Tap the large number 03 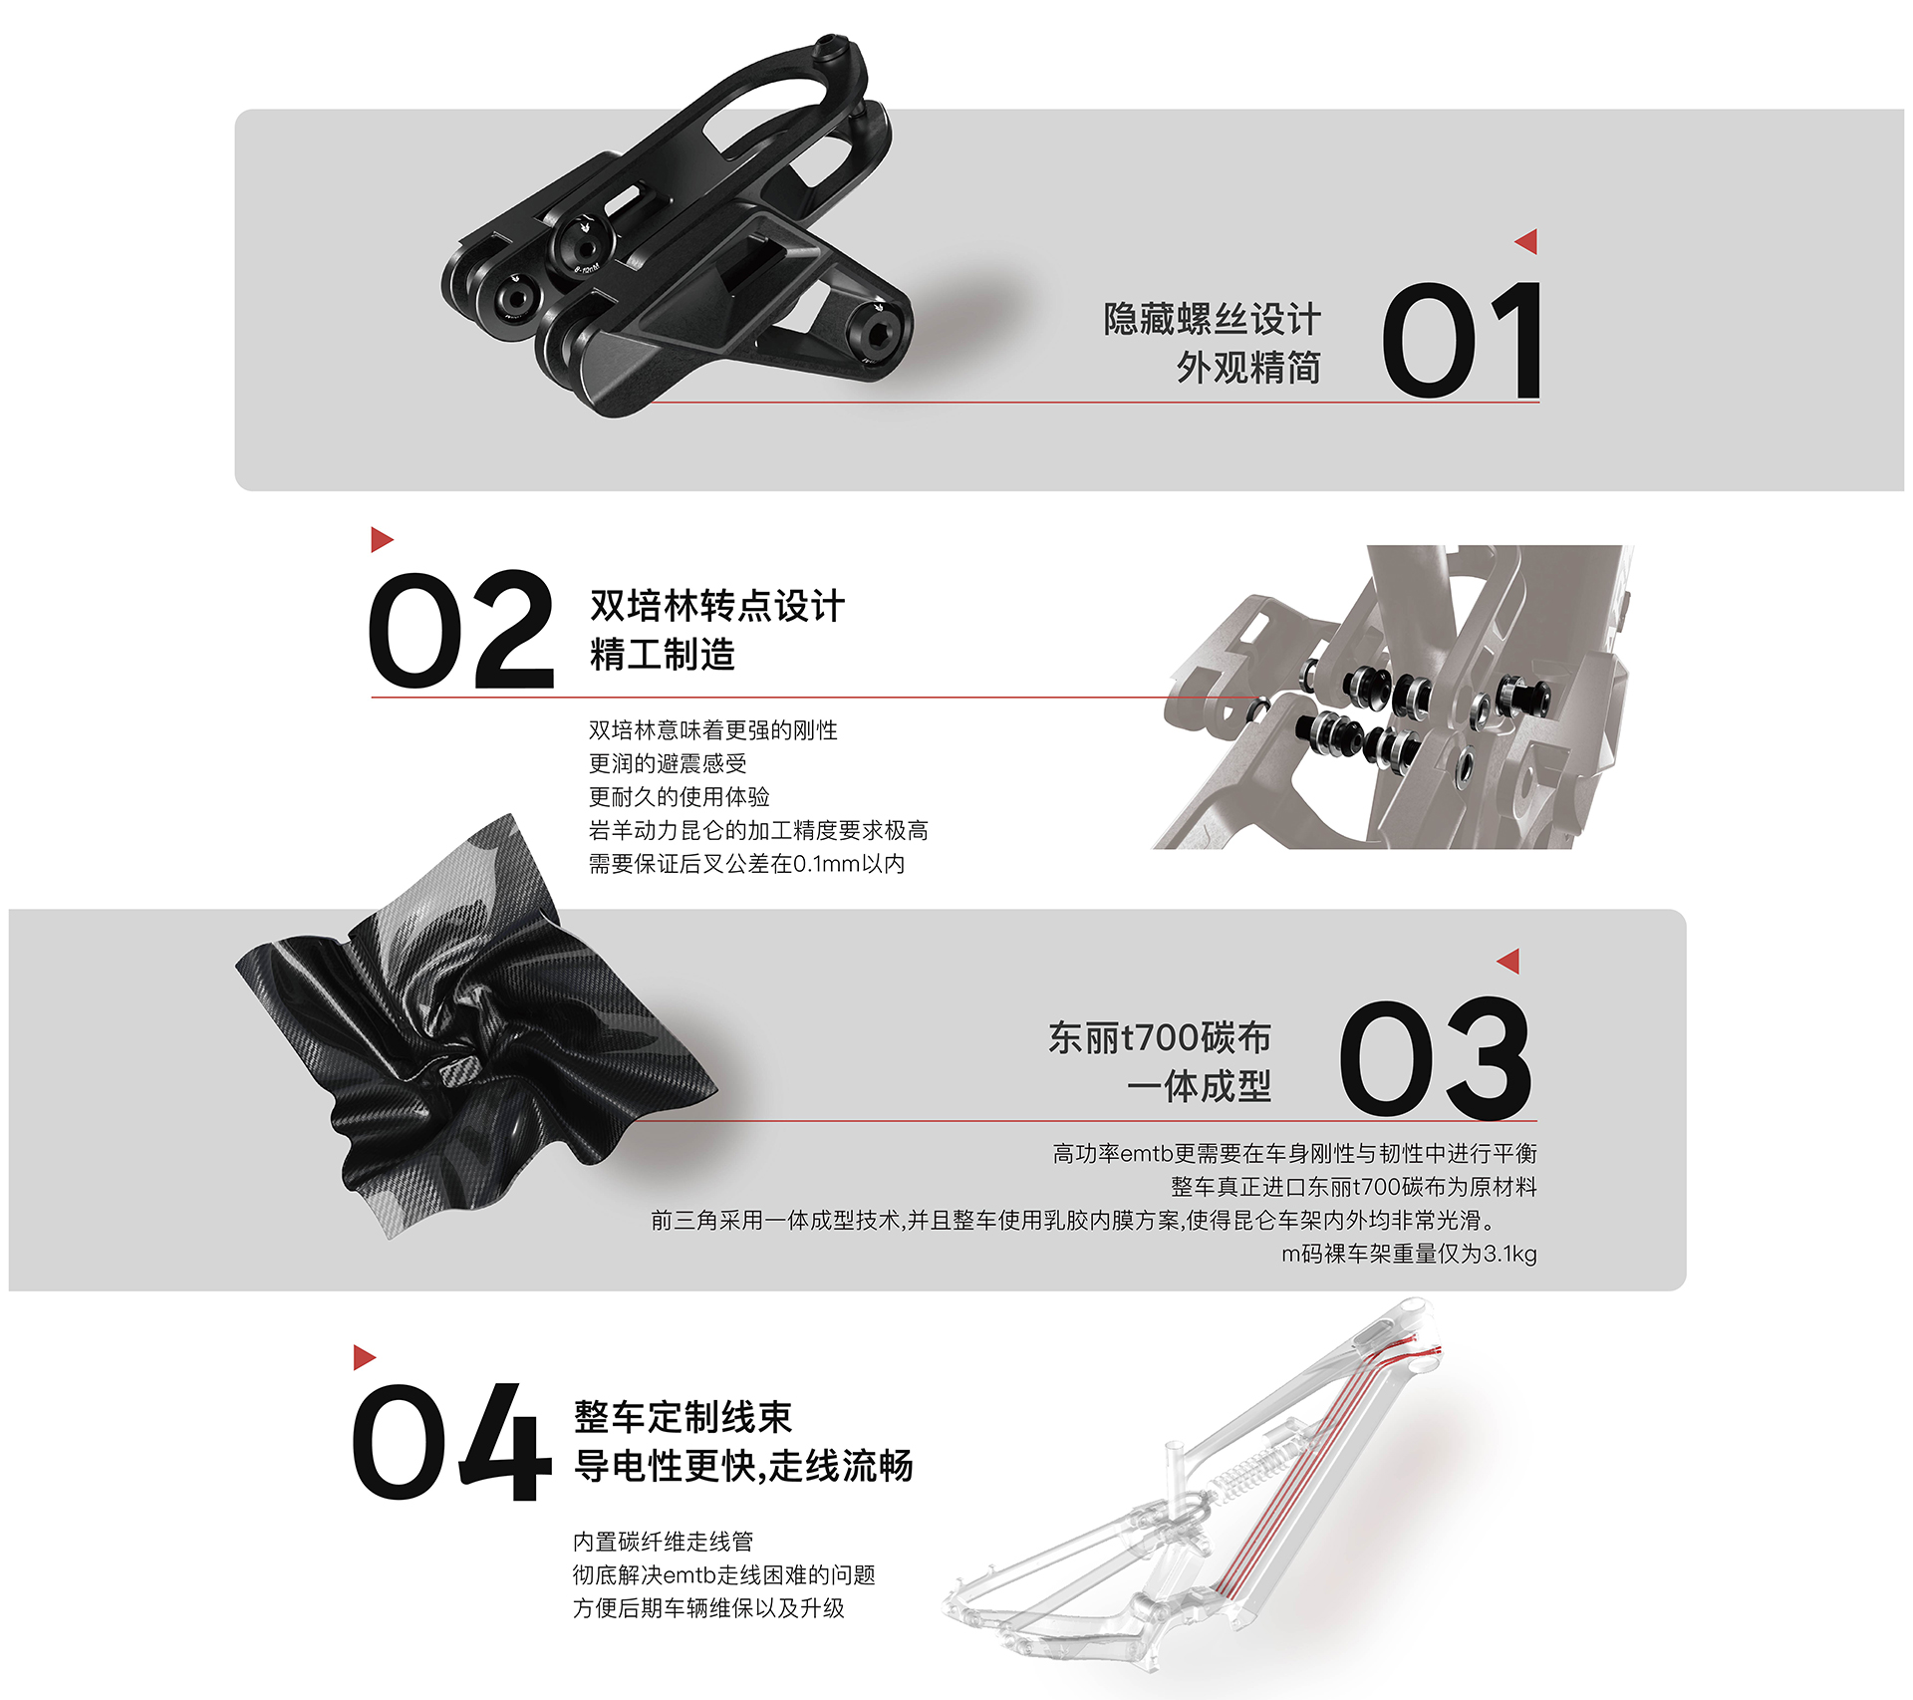point(1435,1057)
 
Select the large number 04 point(450,1442)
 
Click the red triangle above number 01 point(1526,241)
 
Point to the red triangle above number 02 point(382,539)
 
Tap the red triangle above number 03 point(1508,961)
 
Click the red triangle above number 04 point(364,1356)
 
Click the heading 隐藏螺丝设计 point(1212,319)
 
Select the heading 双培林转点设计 point(717,606)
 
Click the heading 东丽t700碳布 point(1159,1037)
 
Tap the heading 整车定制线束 point(683,1416)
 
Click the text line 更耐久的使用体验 point(679,796)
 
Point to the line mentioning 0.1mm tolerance point(746,863)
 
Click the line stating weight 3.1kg point(1408,1253)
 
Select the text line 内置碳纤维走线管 point(663,1541)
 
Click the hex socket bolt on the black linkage point(878,333)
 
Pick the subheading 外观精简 point(1247,368)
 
